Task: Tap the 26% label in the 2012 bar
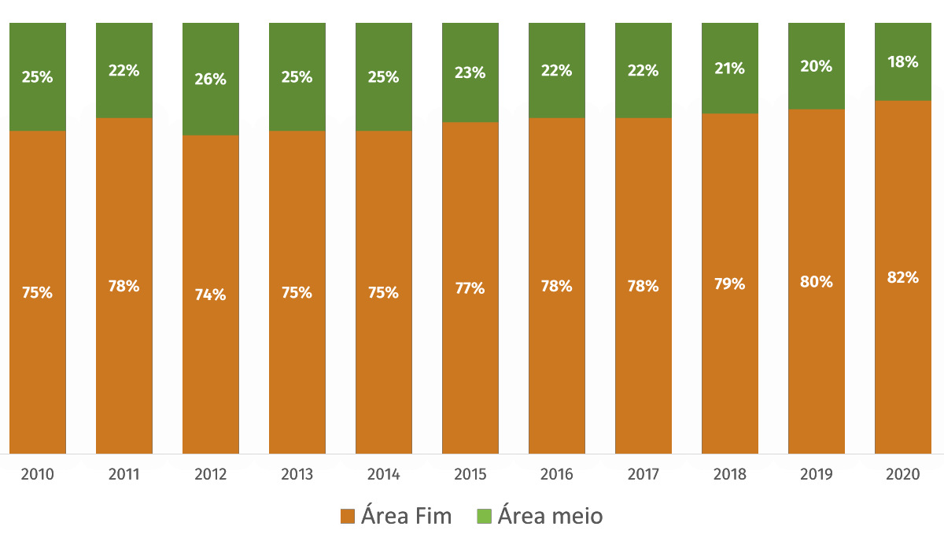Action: tap(211, 80)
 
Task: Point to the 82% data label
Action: tap(903, 277)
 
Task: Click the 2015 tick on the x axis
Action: tap(470, 475)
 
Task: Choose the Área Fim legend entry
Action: tap(396, 517)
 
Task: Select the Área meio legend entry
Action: tap(540, 517)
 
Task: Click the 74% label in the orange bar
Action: tap(211, 295)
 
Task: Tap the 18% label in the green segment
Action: tap(903, 62)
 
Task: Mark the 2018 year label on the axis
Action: tap(730, 475)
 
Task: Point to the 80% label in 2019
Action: tap(817, 282)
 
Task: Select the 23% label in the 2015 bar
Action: tap(470, 73)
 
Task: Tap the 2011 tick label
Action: tap(124, 475)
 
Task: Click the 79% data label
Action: tap(730, 284)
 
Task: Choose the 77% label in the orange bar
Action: tap(470, 288)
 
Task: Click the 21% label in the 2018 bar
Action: tap(730, 69)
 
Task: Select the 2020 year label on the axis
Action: tap(903, 475)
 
